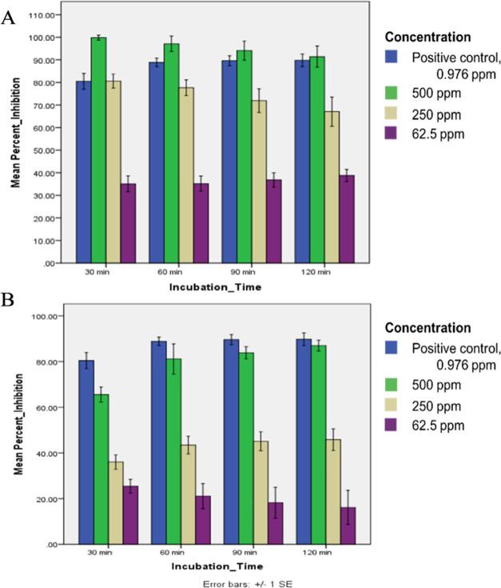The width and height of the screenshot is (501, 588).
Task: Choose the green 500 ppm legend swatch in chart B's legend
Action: tap(392, 387)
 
